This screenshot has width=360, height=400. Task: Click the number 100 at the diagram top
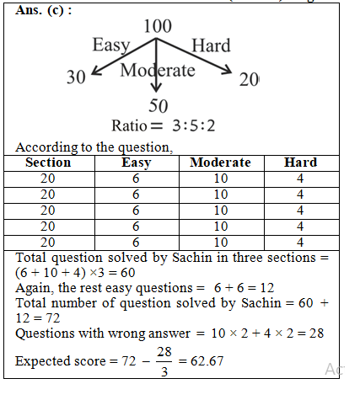coord(158,27)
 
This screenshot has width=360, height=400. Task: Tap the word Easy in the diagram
coord(110,46)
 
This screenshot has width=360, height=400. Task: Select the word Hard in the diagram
coord(212,45)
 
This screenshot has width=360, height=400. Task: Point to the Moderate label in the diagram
coord(158,70)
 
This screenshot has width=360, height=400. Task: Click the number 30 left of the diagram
coord(77,78)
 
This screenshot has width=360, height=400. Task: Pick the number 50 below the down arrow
coord(158,107)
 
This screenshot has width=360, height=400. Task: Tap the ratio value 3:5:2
coord(193,126)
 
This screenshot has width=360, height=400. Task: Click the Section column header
coord(48,163)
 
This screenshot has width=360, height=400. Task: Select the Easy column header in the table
coord(136,163)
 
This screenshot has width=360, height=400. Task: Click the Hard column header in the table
coord(300,163)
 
